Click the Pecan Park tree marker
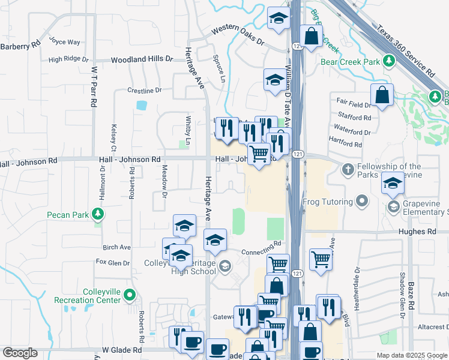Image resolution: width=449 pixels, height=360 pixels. (97, 214)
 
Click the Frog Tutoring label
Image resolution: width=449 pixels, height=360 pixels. (328, 200)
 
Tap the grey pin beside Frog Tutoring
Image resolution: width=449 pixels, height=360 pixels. (362, 200)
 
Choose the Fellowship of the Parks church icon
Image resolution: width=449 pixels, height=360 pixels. (347, 169)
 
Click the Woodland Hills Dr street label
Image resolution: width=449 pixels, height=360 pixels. (142, 59)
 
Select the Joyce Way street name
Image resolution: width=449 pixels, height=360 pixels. (65, 42)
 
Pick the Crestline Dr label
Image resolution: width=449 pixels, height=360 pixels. (145, 91)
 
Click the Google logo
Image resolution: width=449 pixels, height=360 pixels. (20, 353)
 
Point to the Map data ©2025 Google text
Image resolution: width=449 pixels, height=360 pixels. (411, 355)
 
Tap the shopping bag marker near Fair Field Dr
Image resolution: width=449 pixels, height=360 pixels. (382, 94)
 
